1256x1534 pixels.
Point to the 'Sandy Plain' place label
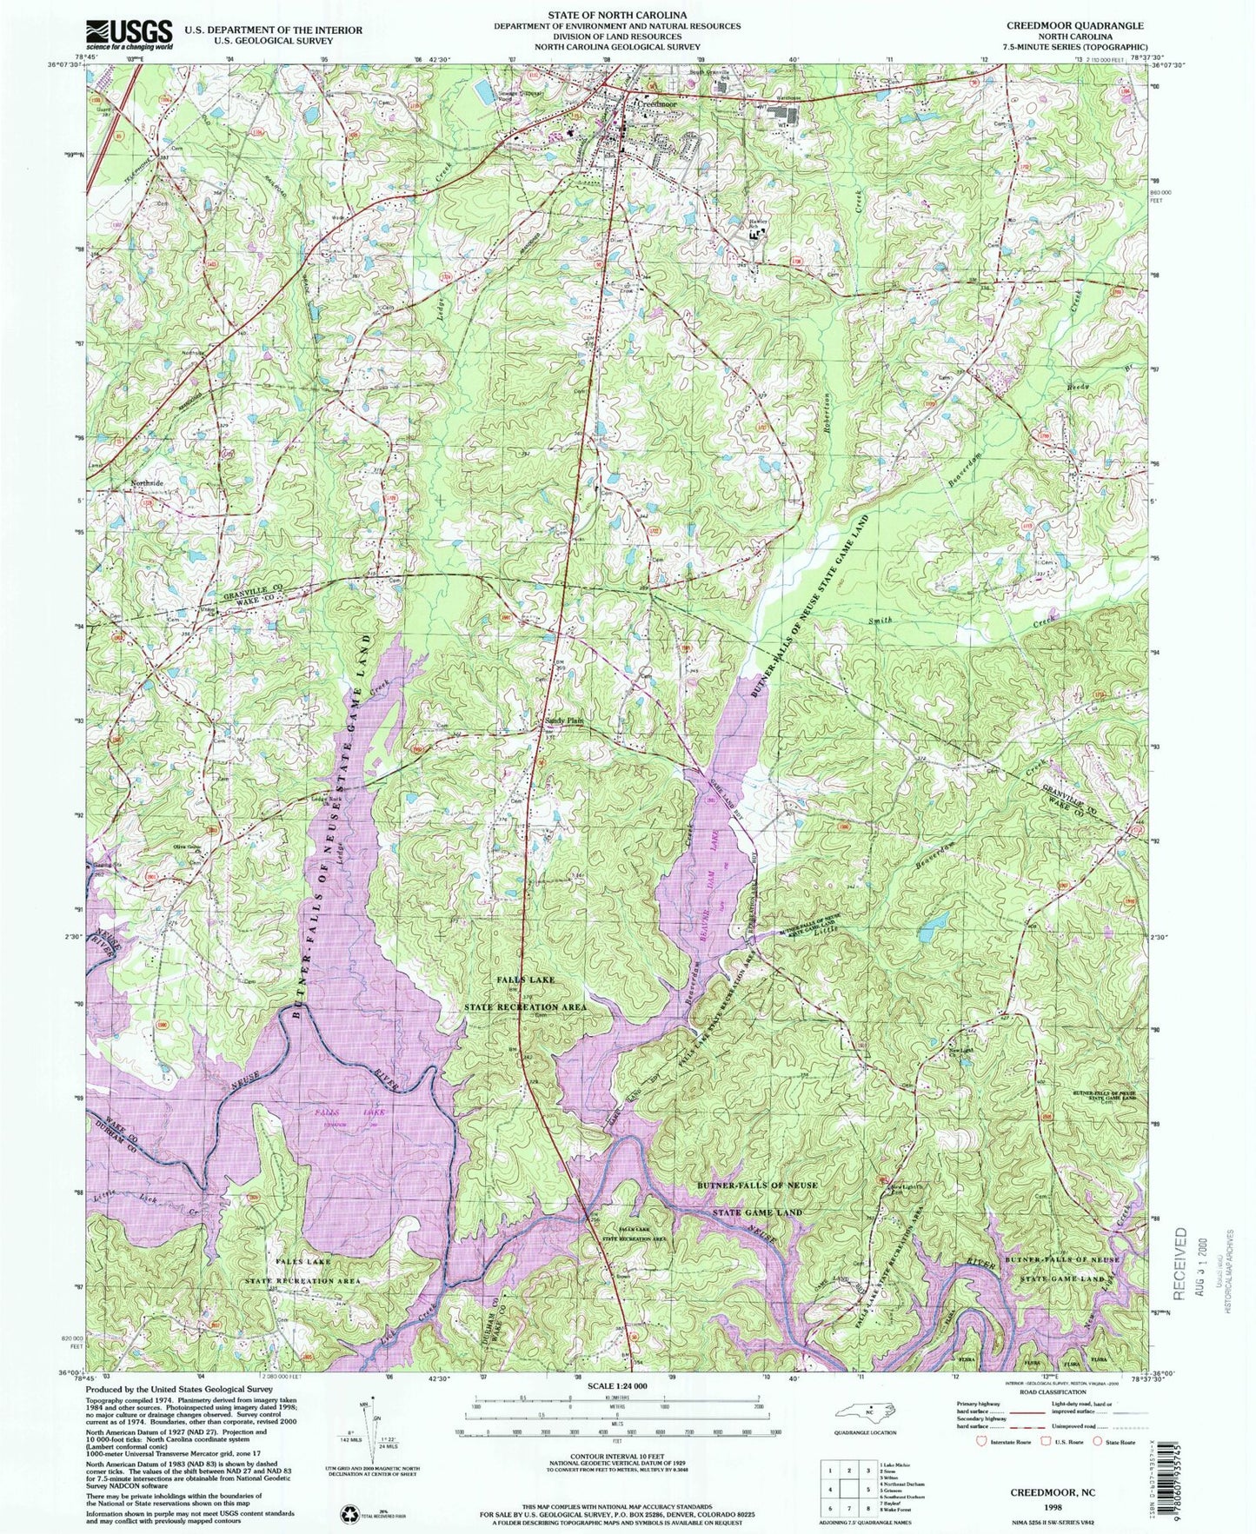pos(564,721)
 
